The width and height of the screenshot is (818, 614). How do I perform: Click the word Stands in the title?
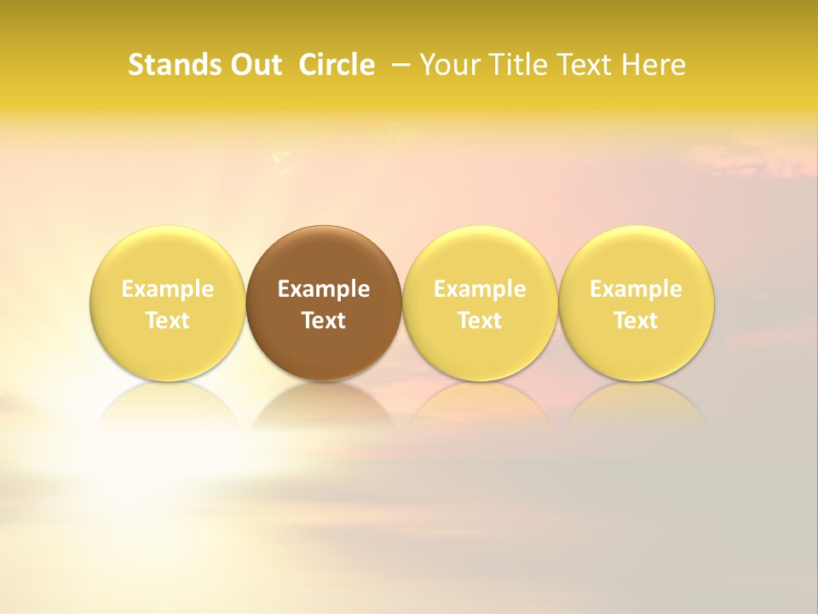tap(163, 65)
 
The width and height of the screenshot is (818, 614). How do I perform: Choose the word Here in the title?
tap(654, 65)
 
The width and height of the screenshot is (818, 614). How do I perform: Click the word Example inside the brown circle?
tap(324, 289)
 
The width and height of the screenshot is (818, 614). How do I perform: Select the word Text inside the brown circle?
tap(324, 321)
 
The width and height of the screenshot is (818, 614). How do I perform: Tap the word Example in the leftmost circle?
tap(168, 289)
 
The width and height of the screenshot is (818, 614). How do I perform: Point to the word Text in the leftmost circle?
tap(168, 321)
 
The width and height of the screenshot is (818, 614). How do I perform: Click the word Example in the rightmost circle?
tap(636, 289)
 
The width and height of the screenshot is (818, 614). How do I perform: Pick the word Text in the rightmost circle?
tap(636, 321)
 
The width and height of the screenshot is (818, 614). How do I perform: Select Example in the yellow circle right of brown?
tap(480, 289)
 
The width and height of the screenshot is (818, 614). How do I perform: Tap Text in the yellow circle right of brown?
tap(480, 321)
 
